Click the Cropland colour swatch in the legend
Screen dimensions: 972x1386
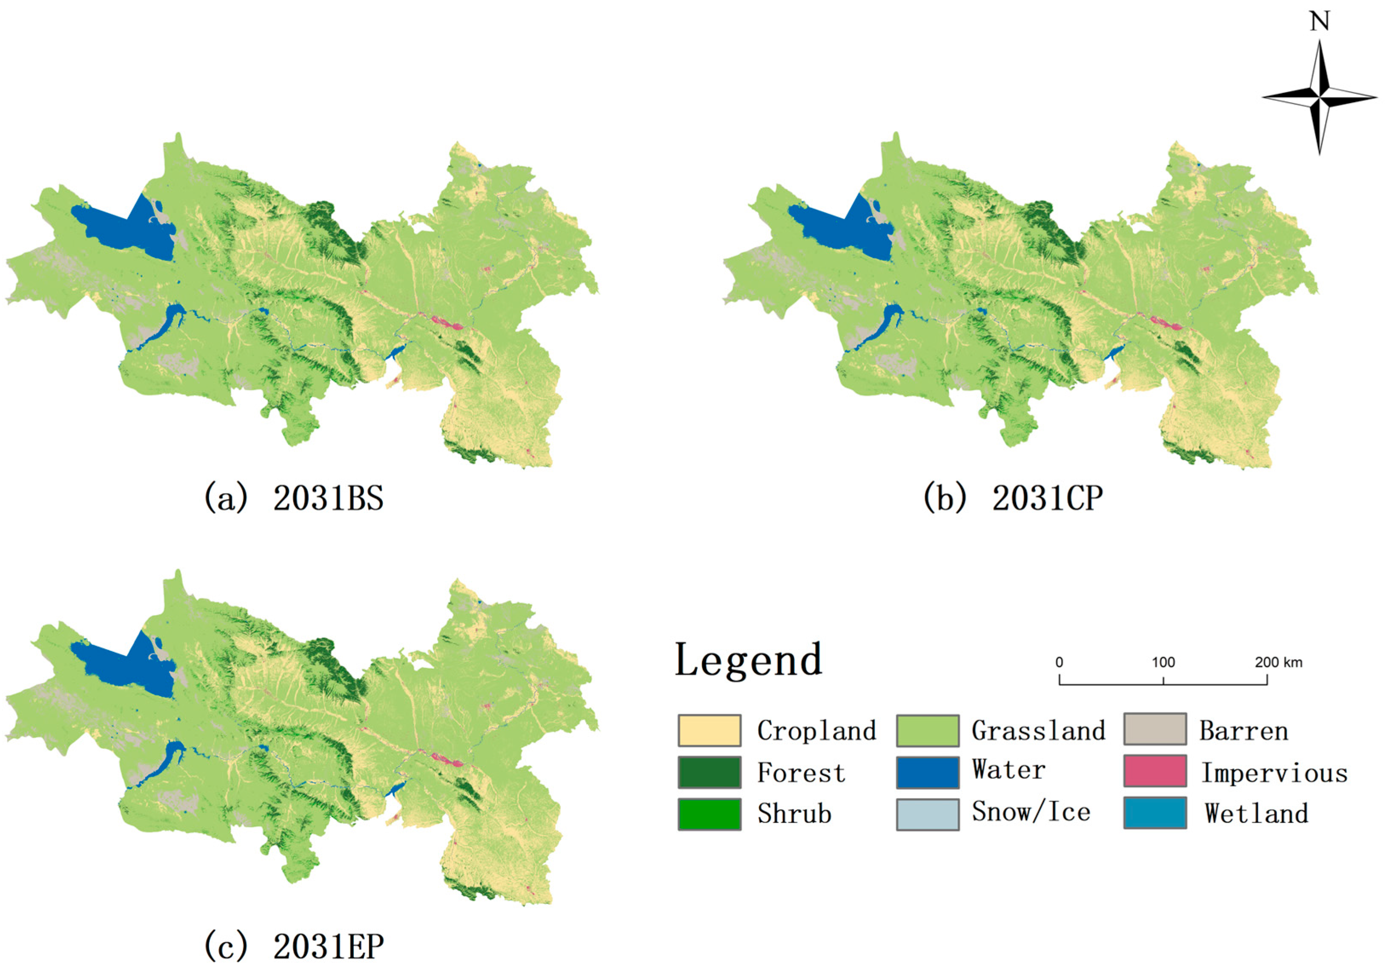[x=709, y=731]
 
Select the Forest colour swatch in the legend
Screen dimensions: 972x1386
[x=709, y=772]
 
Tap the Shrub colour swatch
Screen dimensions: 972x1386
[x=709, y=814]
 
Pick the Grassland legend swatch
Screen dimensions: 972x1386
[x=927, y=731]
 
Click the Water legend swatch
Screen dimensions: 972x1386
[x=927, y=772]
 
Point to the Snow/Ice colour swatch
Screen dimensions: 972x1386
[x=927, y=814]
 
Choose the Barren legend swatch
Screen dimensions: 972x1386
[x=1155, y=729]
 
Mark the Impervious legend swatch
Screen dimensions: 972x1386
[x=1155, y=771]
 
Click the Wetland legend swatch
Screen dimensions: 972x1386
[x=1155, y=813]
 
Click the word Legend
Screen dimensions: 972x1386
[x=748, y=660]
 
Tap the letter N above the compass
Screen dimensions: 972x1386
[x=1320, y=22]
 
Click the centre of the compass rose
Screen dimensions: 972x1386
[x=1320, y=97]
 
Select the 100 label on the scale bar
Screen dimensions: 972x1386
[x=1163, y=662]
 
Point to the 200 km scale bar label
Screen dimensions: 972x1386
[x=1279, y=662]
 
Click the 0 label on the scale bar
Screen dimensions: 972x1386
[x=1060, y=662]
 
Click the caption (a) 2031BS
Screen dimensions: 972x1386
[x=294, y=499]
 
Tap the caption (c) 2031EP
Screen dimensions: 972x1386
[x=294, y=946]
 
